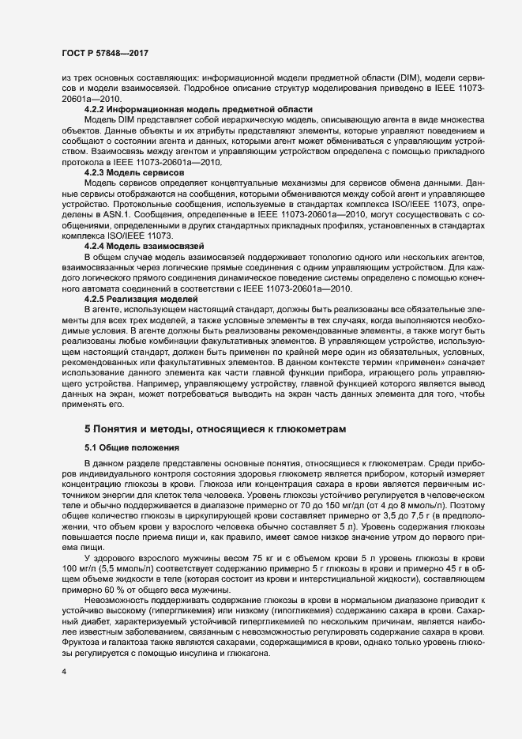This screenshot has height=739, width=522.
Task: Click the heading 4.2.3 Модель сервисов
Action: [134, 172]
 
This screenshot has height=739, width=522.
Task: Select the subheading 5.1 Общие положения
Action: [129, 448]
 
